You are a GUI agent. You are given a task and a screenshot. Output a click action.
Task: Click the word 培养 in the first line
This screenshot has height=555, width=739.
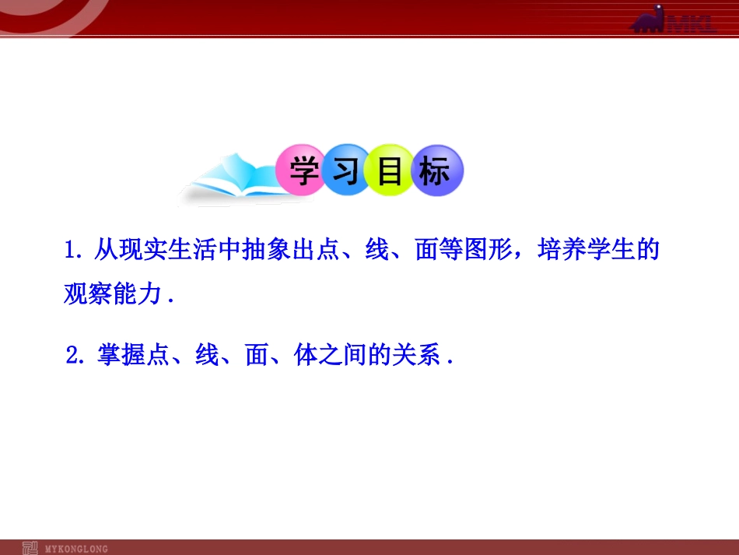pyautogui.click(x=555, y=251)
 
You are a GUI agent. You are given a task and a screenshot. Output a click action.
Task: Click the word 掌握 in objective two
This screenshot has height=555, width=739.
pyautogui.click(x=121, y=356)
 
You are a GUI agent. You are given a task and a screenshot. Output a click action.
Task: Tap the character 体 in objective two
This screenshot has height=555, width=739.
pyautogui.click(x=306, y=356)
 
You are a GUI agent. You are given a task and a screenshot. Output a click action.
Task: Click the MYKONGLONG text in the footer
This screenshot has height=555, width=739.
pyautogui.click(x=76, y=549)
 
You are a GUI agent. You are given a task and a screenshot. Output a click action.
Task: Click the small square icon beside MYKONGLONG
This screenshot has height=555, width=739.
pyautogui.click(x=31, y=548)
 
